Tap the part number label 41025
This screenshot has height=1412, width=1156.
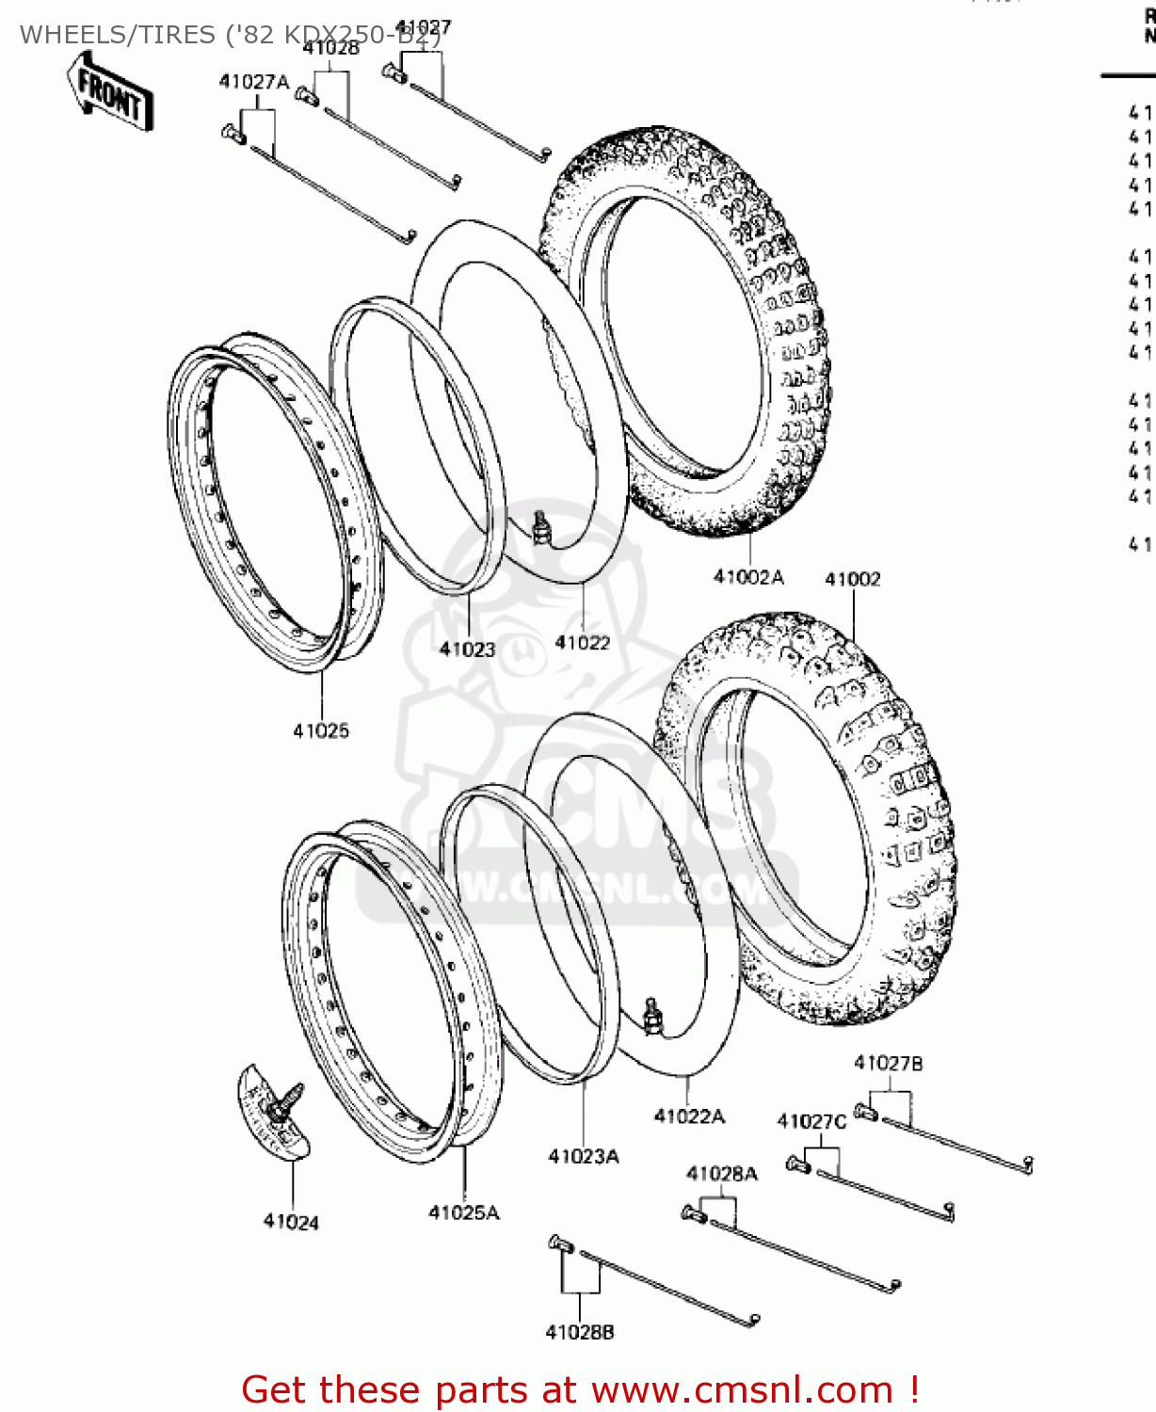[321, 730]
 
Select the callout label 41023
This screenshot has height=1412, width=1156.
[467, 649]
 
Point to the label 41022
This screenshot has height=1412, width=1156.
[582, 642]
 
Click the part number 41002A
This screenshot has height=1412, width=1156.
[748, 577]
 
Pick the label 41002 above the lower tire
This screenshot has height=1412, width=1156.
[853, 579]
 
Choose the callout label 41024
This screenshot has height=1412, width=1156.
[291, 1222]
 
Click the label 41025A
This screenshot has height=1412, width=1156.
[464, 1212]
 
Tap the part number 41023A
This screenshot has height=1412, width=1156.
[584, 1156]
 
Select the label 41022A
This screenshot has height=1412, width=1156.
[689, 1116]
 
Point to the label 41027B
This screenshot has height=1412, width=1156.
[888, 1063]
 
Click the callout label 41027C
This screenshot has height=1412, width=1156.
[811, 1121]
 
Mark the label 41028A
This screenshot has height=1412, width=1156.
[722, 1173]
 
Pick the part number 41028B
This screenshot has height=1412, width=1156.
[580, 1332]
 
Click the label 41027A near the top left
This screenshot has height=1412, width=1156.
[254, 82]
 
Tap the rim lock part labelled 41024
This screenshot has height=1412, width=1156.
[272, 1111]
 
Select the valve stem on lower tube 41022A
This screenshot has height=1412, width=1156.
[650, 1015]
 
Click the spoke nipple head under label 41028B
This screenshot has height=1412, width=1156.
[559, 1244]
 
